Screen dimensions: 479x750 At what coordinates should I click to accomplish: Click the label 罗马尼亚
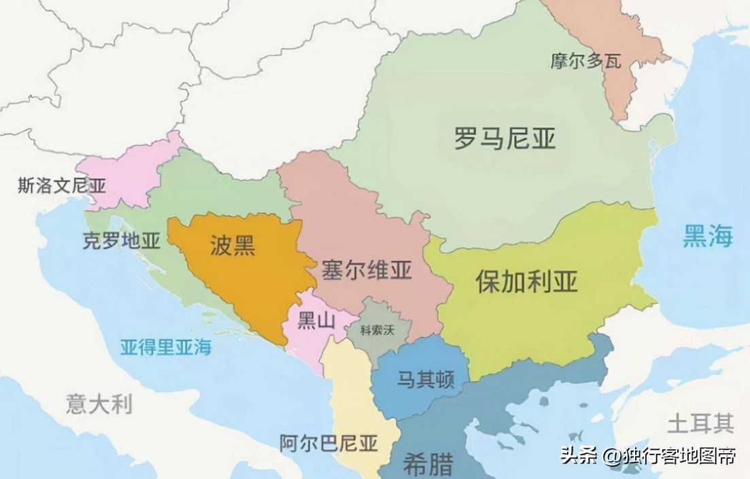point(505,139)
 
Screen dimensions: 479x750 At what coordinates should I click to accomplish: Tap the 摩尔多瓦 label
point(586,61)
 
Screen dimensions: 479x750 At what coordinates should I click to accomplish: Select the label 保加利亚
point(526,281)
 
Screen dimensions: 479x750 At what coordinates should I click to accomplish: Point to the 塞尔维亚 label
point(367,270)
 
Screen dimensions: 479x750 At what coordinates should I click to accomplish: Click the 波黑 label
point(233,246)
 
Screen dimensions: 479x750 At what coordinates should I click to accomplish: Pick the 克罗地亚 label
point(122,241)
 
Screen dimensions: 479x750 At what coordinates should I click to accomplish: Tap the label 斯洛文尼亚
point(62,185)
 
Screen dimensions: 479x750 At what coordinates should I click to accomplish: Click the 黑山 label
point(317,322)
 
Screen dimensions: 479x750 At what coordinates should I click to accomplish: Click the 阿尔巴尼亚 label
point(328,444)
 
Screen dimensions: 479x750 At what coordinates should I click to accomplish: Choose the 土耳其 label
point(700,425)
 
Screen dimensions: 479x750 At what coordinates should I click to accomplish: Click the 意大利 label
point(99,404)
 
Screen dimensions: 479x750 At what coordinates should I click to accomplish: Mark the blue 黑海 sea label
point(708,237)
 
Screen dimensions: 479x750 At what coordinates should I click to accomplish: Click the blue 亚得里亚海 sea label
point(166,348)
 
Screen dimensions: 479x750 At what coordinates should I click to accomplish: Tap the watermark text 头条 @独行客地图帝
point(647,456)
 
